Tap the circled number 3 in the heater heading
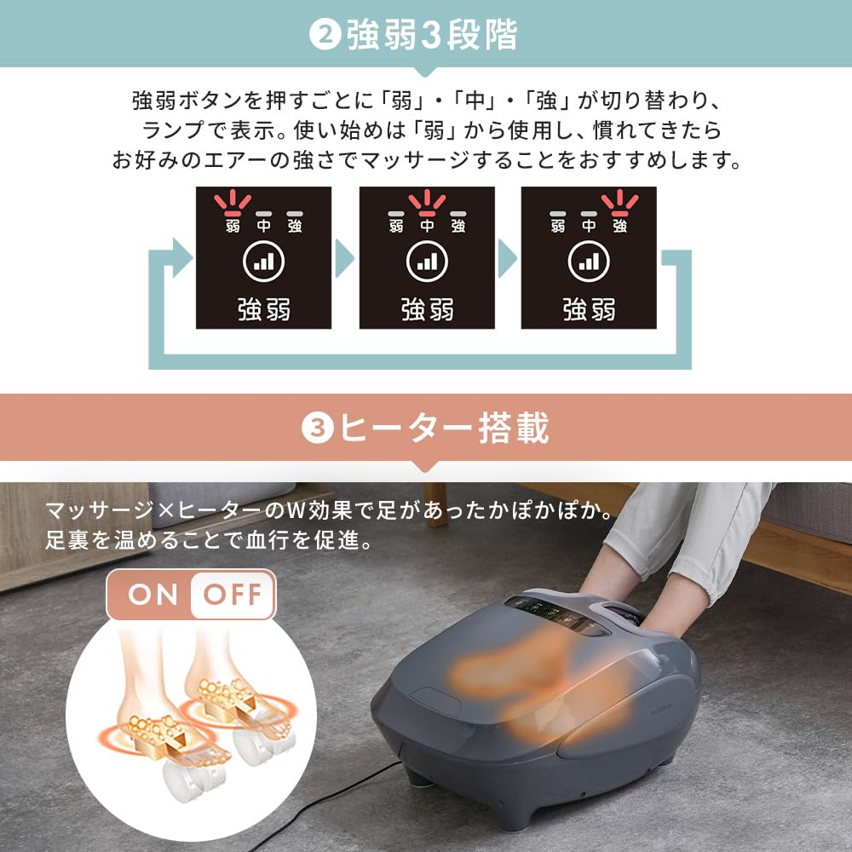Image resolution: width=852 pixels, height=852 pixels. [x=317, y=429]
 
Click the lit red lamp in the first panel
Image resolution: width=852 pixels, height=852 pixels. [x=233, y=204]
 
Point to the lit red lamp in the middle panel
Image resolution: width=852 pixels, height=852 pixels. [x=427, y=204]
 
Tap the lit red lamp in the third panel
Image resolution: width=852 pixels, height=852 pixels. [x=619, y=204]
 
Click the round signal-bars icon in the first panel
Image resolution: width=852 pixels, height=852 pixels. [x=264, y=262]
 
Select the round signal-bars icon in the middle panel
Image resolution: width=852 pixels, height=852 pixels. [x=427, y=262]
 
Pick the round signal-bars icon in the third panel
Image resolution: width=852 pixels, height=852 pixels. [x=589, y=262]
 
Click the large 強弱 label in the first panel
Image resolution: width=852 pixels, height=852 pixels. [x=264, y=309]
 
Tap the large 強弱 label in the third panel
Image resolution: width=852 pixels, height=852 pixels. [x=589, y=309]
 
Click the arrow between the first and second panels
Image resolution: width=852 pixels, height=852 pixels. [x=344, y=257]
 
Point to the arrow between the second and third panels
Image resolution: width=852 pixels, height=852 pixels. [x=507, y=257]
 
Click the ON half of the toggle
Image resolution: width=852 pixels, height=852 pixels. [x=153, y=594]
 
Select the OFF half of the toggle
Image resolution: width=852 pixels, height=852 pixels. [x=232, y=594]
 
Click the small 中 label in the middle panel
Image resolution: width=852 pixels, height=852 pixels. [x=427, y=226]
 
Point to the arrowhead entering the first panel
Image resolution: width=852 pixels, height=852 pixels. [x=181, y=257]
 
